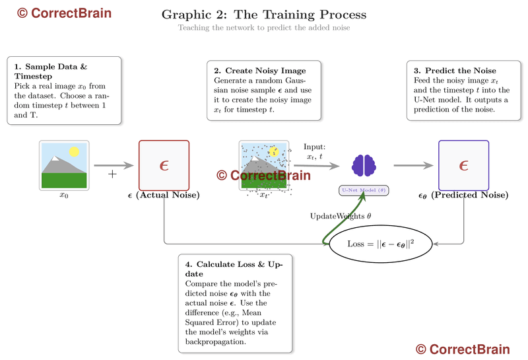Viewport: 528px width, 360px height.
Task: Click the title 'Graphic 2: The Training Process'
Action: click(x=264, y=15)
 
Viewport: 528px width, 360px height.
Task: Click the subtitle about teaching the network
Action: click(x=264, y=28)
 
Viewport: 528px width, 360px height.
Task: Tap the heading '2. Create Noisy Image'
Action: click(x=259, y=71)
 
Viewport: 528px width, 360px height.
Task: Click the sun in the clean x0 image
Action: click(x=74, y=152)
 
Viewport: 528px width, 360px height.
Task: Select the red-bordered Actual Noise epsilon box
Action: click(x=164, y=165)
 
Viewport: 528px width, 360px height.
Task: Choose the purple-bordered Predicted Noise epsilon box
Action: click(x=463, y=165)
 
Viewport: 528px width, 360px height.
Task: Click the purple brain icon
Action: click(x=363, y=165)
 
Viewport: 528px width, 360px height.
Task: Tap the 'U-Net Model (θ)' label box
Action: click(x=364, y=190)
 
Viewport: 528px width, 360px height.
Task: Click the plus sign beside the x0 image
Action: click(x=112, y=174)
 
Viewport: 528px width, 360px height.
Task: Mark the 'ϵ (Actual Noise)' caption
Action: click(x=164, y=196)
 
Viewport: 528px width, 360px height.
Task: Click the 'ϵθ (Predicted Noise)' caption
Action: click(x=463, y=196)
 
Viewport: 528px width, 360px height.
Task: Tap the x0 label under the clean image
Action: click(x=64, y=196)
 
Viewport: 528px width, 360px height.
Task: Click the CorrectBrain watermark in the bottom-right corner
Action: click(x=463, y=349)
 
